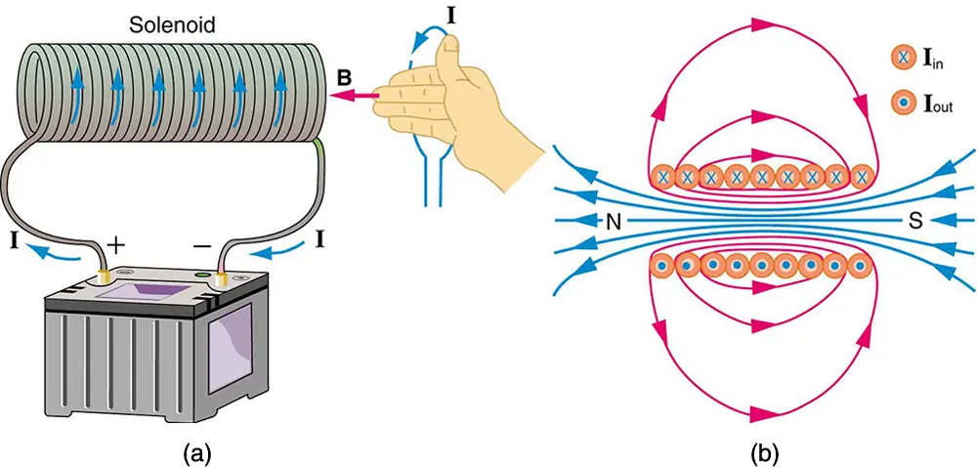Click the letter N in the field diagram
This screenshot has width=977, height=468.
tap(613, 222)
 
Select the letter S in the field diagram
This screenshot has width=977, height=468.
tap(915, 222)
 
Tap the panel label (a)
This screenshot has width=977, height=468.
tap(191, 452)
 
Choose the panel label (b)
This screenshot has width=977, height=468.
tap(763, 452)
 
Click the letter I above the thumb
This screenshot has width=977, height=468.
tap(449, 15)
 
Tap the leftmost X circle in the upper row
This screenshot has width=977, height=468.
tap(663, 177)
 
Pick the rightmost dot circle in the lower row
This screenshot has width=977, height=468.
tap(860, 265)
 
